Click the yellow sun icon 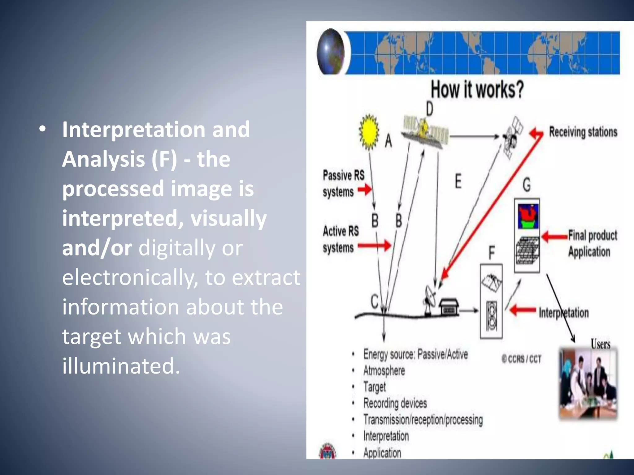click(369, 132)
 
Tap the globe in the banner click(331, 52)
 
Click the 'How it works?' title click(477, 90)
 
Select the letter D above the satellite click(429, 109)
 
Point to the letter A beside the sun click(388, 141)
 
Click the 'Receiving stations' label click(583, 132)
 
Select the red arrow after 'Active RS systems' click(375, 246)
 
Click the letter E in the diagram click(458, 181)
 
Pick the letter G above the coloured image click(526, 185)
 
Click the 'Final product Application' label click(592, 243)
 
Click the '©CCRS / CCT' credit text click(521, 359)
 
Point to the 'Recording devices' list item click(395, 403)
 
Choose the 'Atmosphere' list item click(384, 370)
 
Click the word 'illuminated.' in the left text click(121, 366)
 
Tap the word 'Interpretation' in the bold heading click(133, 129)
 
